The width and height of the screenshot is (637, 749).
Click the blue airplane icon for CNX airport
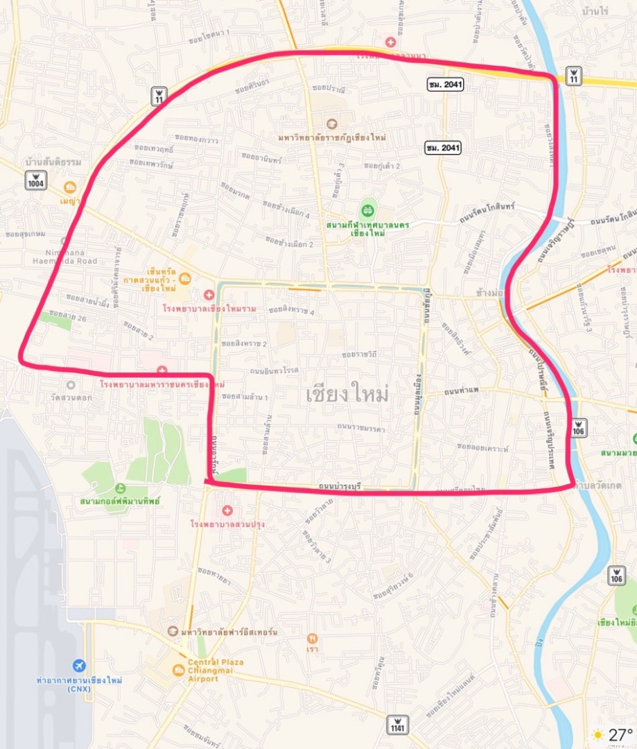(x=79, y=666)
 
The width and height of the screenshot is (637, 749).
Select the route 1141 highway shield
(x=398, y=724)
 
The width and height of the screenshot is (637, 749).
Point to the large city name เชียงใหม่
(x=347, y=395)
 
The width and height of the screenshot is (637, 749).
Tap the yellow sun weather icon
(x=597, y=734)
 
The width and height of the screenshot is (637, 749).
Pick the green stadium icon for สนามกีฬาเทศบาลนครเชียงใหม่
(x=368, y=208)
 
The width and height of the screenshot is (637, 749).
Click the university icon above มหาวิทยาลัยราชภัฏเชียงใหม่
(x=331, y=124)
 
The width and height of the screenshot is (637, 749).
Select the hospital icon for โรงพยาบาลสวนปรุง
(x=227, y=510)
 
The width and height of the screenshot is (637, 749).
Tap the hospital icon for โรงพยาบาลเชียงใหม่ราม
(x=209, y=295)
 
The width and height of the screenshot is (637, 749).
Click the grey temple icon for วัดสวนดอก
(x=70, y=384)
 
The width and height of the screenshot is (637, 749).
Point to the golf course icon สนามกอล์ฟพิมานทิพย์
(x=121, y=488)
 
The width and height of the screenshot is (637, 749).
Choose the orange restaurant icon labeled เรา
(x=313, y=638)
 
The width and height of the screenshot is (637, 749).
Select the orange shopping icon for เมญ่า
(x=70, y=187)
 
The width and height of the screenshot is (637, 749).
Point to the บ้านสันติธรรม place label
(x=53, y=162)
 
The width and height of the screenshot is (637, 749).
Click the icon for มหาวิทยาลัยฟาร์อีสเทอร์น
(x=173, y=631)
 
